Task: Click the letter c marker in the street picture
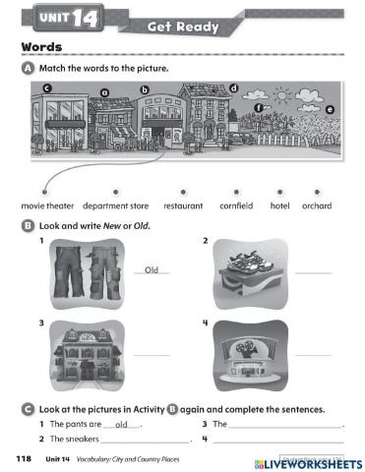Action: (x=47, y=88)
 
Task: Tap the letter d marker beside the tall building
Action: (x=233, y=88)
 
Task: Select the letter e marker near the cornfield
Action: (x=330, y=109)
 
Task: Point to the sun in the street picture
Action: (x=282, y=95)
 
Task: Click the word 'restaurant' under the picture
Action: (x=183, y=206)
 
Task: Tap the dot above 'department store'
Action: (x=115, y=192)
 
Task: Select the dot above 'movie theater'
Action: (x=44, y=192)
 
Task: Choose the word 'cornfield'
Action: (x=236, y=206)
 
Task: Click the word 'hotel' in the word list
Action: (x=279, y=206)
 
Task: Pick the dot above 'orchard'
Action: (x=317, y=192)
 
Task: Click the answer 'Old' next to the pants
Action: (x=152, y=269)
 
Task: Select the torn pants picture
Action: (x=87, y=273)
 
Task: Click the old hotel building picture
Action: (x=87, y=355)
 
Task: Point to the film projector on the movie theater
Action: (x=249, y=349)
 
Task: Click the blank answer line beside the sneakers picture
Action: (x=313, y=272)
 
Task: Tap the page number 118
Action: (x=24, y=458)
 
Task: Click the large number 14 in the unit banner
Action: (x=85, y=18)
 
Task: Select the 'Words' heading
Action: (x=41, y=47)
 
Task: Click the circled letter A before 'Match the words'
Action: (x=28, y=69)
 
